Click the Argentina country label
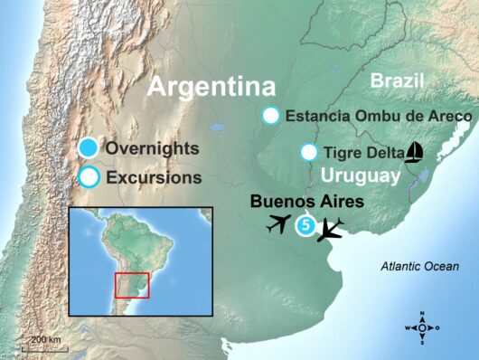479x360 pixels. coord(211,87)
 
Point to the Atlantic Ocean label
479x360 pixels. coord(420,267)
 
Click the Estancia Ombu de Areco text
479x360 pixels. coord(379,116)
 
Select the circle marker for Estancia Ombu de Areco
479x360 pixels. coord(270,116)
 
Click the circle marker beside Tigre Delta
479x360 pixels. coord(309,152)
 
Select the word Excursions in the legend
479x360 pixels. coord(154,177)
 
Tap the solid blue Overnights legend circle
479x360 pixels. coord(89,148)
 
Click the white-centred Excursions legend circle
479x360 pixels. coord(89,177)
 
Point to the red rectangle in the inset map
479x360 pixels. coord(132,284)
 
